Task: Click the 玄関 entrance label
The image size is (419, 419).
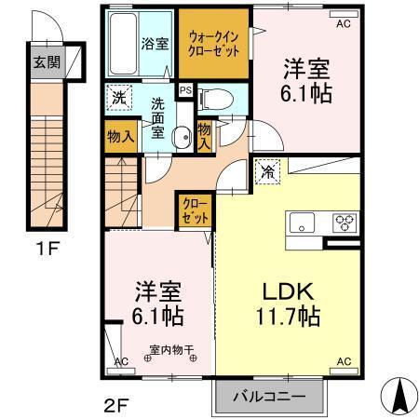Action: (44, 62)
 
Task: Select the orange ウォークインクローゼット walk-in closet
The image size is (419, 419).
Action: (215, 43)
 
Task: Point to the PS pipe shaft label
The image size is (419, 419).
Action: (185, 90)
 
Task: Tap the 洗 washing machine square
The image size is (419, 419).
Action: (119, 96)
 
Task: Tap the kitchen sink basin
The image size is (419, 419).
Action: (304, 223)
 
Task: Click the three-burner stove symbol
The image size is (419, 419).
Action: (345, 222)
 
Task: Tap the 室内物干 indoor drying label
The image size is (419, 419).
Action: (169, 353)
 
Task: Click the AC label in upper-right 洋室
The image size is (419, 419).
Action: (343, 23)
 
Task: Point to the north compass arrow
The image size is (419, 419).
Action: (399, 396)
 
